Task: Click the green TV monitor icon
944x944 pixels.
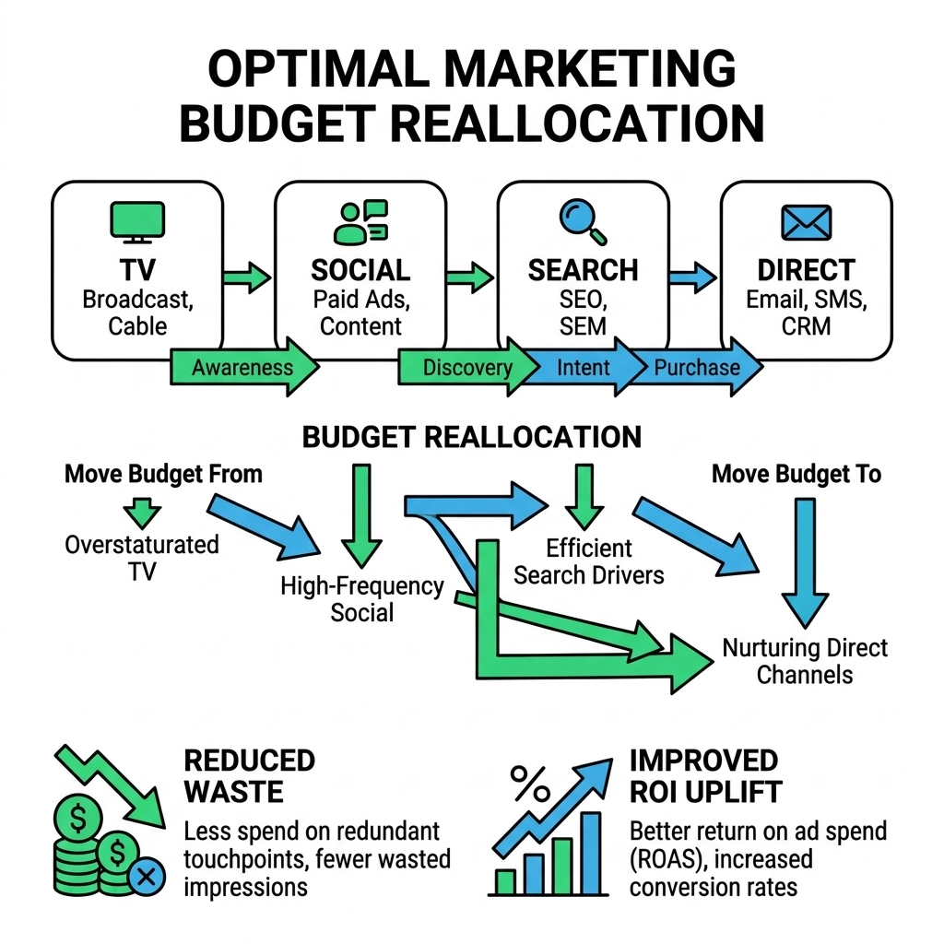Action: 137,222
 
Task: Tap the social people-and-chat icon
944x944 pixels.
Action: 361,222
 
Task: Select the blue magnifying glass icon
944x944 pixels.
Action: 583,221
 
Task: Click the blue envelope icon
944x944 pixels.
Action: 806,222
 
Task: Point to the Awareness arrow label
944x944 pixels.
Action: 242,367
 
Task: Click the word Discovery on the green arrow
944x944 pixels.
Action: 467,367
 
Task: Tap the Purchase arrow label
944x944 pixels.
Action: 697,367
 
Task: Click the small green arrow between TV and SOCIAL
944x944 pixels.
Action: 247,277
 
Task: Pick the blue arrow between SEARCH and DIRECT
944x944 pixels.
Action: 693,277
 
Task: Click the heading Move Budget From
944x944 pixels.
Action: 163,474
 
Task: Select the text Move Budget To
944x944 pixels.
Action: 796,474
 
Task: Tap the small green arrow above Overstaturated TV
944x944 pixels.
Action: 142,513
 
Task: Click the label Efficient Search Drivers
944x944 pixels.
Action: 589,561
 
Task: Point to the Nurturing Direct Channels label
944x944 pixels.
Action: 805,661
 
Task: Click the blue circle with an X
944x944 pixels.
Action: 146,876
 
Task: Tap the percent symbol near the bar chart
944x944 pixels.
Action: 530,784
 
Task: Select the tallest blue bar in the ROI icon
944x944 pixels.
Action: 591,853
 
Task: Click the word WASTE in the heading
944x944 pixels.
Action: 233,792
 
